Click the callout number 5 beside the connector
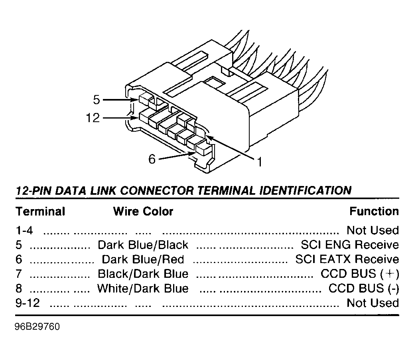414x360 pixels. pyautogui.click(x=97, y=99)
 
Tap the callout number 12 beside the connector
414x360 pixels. pyautogui.click(x=93, y=118)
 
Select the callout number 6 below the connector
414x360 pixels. pyautogui.click(x=152, y=159)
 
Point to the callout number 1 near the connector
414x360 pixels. pyautogui.click(x=259, y=162)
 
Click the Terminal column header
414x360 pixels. pyautogui.click(x=40, y=211)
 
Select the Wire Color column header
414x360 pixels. pyautogui.click(x=143, y=211)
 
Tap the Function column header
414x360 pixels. pyautogui.click(x=374, y=211)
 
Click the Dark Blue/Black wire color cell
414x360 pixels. pyautogui.click(x=143, y=245)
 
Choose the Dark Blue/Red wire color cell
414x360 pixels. pyautogui.click(x=143, y=259)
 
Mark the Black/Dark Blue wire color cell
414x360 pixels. pyautogui.click(x=143, y=274)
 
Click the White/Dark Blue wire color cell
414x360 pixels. pyautogui.click(x=143, y=288)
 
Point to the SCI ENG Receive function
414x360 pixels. pyautogui.click(x=350, y=245)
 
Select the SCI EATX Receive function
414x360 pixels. pyautogui.click(x=347, y=259)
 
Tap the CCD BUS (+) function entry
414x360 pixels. pyautogui.click(x=359, y=274)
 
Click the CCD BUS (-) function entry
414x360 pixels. pyautogui.click(x=363, y=288)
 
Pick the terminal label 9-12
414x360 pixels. pyautogui.click(x=28, y=303)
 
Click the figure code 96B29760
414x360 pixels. pyautogui.click(x=37, y=326)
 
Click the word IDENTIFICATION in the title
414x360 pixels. pyautogui.click(x=306, y=190)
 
